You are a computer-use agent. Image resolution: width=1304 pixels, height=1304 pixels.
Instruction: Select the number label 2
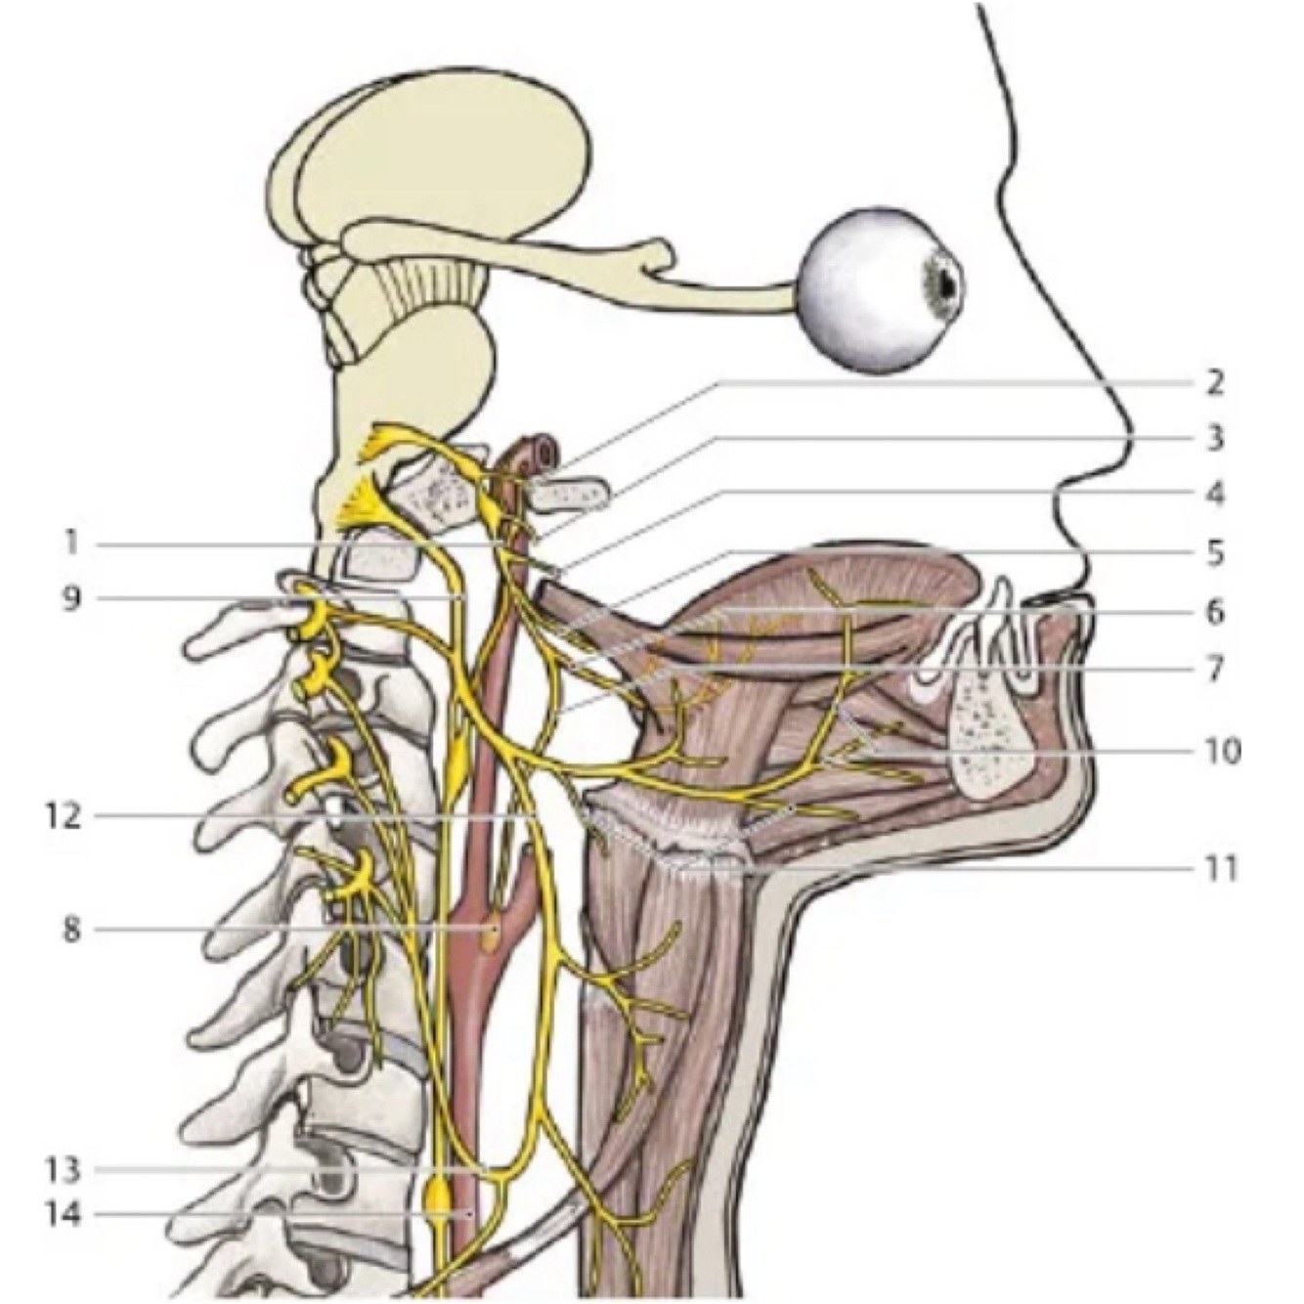pos(1214,382)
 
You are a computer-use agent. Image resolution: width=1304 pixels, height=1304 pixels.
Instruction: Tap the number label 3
pos(1214,438)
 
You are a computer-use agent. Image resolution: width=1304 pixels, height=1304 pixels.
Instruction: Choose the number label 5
pos(1214,553)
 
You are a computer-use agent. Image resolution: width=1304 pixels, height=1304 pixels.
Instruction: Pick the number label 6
pos(1214,612)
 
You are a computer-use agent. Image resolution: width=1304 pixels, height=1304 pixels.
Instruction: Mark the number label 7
pos(1214,671)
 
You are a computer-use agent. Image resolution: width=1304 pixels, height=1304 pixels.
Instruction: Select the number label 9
pos(70,597)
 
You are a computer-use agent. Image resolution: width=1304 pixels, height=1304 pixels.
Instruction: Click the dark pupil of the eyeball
pos(947,282)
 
